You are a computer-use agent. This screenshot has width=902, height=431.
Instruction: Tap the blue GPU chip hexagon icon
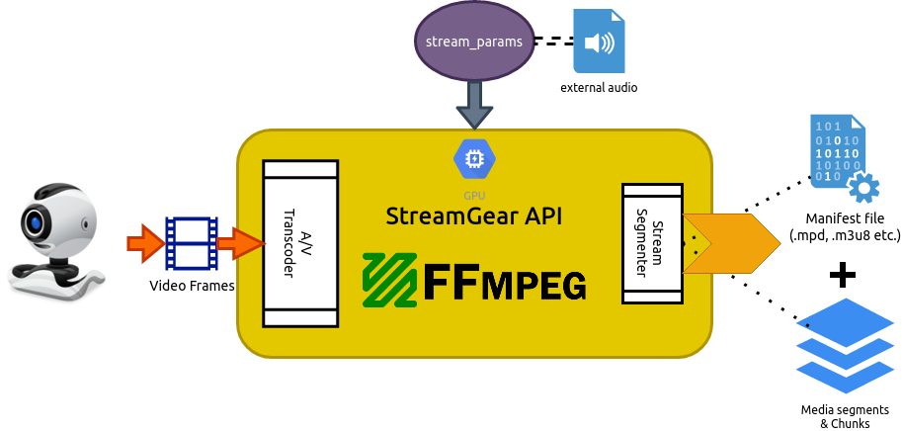[x=473, y=157]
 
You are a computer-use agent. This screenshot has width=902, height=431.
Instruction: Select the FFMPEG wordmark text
[x=505, y=283]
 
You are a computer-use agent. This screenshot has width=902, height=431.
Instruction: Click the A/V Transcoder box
[x=300, y=243]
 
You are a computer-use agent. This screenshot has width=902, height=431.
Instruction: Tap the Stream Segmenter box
[x=651, y=243]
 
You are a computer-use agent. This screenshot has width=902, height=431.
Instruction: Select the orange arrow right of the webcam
[x=145, y=243]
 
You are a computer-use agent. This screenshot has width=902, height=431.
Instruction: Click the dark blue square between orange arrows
[x=192, y=247]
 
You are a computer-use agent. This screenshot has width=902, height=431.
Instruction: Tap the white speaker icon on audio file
[x=599, y=43]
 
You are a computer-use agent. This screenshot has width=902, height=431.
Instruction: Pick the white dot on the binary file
[x=863, y=189]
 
